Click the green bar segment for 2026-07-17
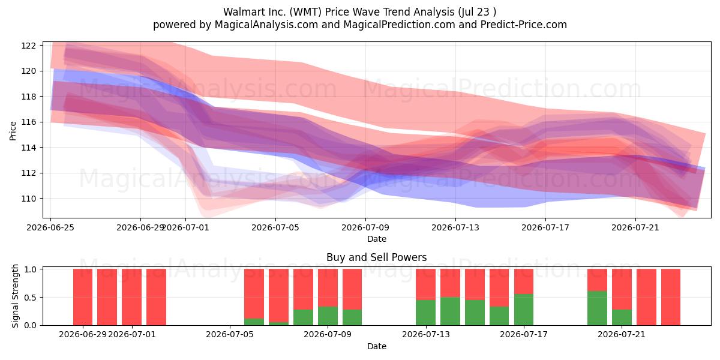(524, 310)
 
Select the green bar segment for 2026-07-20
(597, 308)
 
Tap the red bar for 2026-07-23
(671, 297)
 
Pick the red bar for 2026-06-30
(107, 297)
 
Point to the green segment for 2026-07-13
(425, 313)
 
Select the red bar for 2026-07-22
(646, 297)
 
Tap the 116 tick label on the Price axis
(28, 122)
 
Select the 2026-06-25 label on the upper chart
(50, 227)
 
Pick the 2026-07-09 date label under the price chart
(365, 227)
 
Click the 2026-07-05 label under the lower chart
(230, 335)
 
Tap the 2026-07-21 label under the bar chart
(622, 335)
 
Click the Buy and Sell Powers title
(377, 257)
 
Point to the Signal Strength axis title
(15, 296)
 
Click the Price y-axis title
(13, 131)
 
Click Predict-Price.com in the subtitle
(524, 25)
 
